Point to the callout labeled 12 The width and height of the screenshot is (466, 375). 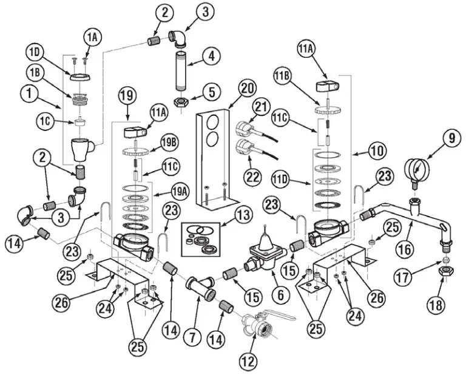click(247, 362)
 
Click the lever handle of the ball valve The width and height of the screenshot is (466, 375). click(282, 316)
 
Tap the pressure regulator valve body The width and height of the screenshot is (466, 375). click(262, 255)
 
